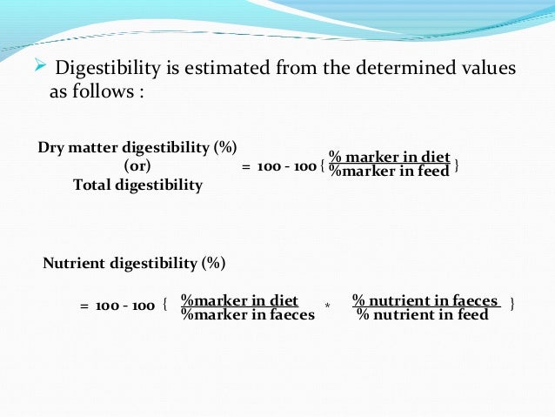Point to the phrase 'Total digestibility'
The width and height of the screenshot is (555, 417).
tap(137, 185)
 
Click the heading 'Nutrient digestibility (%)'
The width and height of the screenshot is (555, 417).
tap(134, 262)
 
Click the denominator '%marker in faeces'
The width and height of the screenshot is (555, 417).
tap(247, 315)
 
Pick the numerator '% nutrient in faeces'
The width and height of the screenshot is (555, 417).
tap(426, 301)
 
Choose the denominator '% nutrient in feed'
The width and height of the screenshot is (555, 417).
tap(423, 315)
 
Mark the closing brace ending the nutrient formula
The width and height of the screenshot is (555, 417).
tap(512, 303)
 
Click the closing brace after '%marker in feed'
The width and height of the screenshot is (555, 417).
tap(458, 165)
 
